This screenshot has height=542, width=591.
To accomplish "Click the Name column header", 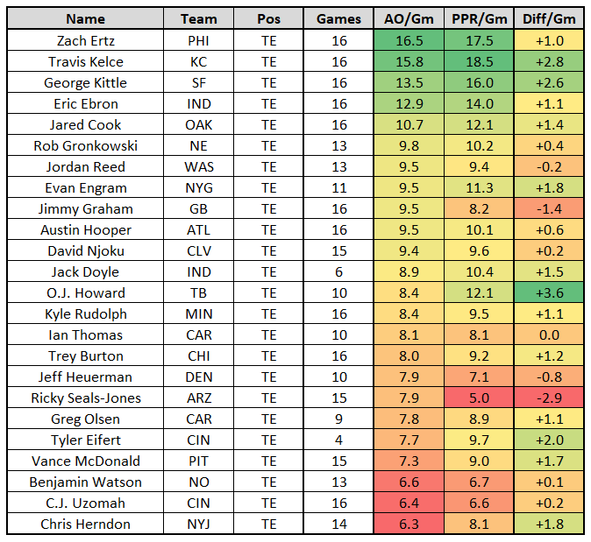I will coord(85,18).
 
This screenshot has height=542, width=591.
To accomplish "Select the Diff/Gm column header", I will coord(548,18).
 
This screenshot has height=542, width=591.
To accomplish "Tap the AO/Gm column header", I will coord(407,18).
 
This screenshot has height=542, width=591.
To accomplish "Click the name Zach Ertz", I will coord(85,40).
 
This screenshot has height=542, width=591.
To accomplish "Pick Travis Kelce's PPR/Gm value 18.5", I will coord(478,61).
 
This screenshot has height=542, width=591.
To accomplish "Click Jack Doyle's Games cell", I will coord(339,271).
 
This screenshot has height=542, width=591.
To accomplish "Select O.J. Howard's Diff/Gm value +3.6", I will coord(548,292).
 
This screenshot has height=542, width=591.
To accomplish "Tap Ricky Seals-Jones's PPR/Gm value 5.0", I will coord(478,398).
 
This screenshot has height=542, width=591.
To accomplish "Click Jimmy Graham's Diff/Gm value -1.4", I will coord(548,208).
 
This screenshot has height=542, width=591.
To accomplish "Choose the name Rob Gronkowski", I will coord(85,145).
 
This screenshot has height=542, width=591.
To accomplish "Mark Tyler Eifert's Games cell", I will coord(339,440).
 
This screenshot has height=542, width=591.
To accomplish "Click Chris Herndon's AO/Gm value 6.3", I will coord(407,524).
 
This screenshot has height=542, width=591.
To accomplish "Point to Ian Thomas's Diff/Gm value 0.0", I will coord(548,334).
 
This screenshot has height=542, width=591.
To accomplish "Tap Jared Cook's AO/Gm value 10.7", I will coord(407,124).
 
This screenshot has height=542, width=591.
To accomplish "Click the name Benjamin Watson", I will coord(85,482).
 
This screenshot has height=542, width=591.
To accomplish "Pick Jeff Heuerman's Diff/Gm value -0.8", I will coord(548,377).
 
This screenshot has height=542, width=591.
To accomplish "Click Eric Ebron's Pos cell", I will coord(268,103).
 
